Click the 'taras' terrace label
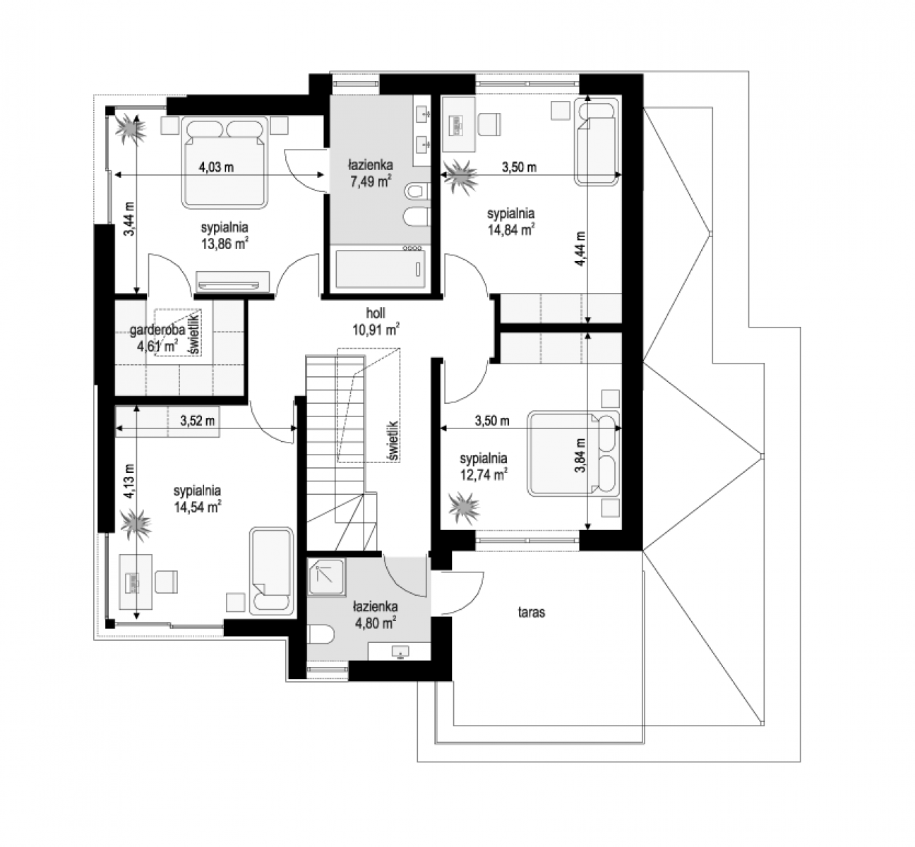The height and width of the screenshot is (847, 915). coord(531,613)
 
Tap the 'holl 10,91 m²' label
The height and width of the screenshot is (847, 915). coord(376,322)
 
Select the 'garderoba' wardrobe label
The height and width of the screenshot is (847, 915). coord(157,330)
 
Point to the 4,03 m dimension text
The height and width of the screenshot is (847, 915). coord(216,167)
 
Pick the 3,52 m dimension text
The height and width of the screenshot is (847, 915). coord(198,420)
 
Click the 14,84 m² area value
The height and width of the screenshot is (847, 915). coord(511,229)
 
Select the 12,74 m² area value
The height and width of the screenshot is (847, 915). coord(484,474)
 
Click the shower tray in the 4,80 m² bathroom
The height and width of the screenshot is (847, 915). coord(326,577)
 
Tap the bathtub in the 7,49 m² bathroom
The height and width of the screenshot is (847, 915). coord(380,269)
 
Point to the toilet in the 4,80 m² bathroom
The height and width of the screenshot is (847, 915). coord(321,635)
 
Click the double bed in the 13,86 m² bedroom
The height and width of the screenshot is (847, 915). coord(225,162)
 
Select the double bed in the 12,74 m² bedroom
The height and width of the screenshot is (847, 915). coord(573,454)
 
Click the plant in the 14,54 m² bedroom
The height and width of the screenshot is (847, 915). coord(136,526)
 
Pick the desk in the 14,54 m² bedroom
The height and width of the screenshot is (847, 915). coord(136,582)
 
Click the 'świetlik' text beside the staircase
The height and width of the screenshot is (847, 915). coord(393,440)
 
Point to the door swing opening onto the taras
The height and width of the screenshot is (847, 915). coord(462,594)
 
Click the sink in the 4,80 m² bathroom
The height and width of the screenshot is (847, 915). coord(400,651)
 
